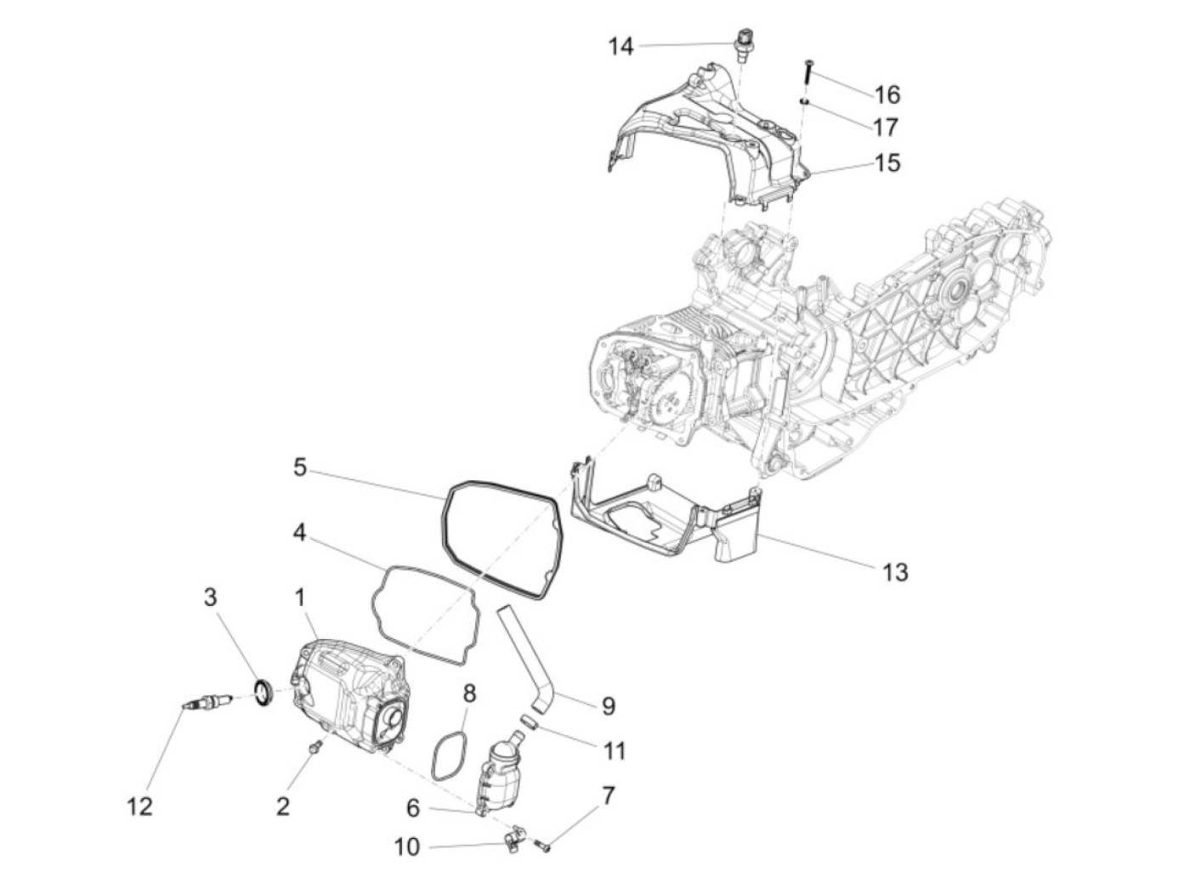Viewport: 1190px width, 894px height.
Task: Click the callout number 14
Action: pos(620,46)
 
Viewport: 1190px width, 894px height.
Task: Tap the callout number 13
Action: pos(895,572)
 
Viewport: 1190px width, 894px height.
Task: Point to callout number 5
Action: pos(300,467)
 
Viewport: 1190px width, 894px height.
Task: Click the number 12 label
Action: pos(139,806)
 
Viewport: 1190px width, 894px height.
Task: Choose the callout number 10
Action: pos(407,846)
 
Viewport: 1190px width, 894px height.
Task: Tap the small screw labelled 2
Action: pos(316,746)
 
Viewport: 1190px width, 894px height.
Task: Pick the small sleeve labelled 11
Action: pos(529,722)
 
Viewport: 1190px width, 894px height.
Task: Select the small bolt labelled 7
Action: pos(541,845)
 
